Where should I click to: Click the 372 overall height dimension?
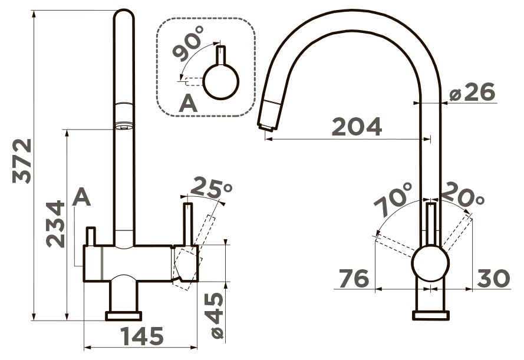[22, 161]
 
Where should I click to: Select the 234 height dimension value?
[55, 224]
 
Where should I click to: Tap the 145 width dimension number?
[142, 336]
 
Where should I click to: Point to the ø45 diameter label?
[213, 316]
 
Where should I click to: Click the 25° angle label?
[210, 188]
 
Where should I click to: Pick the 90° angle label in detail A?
[188, 44]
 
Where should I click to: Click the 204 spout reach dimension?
[357, 127]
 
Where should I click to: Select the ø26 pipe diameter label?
[472, 92]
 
